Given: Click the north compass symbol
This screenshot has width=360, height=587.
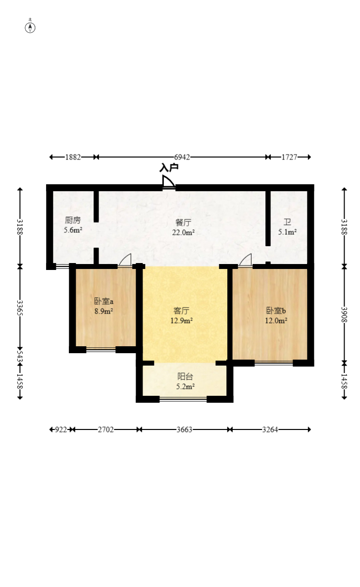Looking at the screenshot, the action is click(x=30, y=27).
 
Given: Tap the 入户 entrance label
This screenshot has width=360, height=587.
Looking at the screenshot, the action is click(x=169, y=168).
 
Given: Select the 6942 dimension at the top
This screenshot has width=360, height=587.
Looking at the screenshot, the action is click(x=182, y=157).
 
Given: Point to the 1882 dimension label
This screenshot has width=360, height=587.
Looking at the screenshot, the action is click(x=73, y=157).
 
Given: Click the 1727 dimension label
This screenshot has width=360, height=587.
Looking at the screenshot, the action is click(x=289, y=157).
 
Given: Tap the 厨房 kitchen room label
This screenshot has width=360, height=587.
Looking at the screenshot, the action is click(x=73, y=220).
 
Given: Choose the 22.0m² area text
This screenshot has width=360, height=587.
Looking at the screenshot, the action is click(x=183, y=232).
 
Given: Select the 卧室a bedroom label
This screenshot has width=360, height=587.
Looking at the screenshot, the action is click(x=103, y=301).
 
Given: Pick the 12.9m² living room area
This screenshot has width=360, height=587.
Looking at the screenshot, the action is click(x=182, y=320).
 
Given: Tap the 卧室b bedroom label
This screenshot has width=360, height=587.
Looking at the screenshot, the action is click(x=276, y=311).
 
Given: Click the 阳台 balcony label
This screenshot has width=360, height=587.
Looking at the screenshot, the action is click(x=185, y=376).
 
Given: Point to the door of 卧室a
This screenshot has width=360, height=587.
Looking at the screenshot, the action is click(x=125, y=260).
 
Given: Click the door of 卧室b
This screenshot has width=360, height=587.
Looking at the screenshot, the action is click(x=245, y=260).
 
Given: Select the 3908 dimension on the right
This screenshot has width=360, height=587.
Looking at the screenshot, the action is click(x=344, y=315).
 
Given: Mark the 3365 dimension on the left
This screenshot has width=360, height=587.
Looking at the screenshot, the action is click(x=20, y=308).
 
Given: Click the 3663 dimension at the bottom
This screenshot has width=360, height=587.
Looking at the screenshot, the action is click(x=185, y=430).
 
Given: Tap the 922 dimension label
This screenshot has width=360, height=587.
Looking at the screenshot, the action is click(x=61, y=430).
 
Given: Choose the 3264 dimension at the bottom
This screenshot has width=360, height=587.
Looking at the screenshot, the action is click(x=270, y=430).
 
